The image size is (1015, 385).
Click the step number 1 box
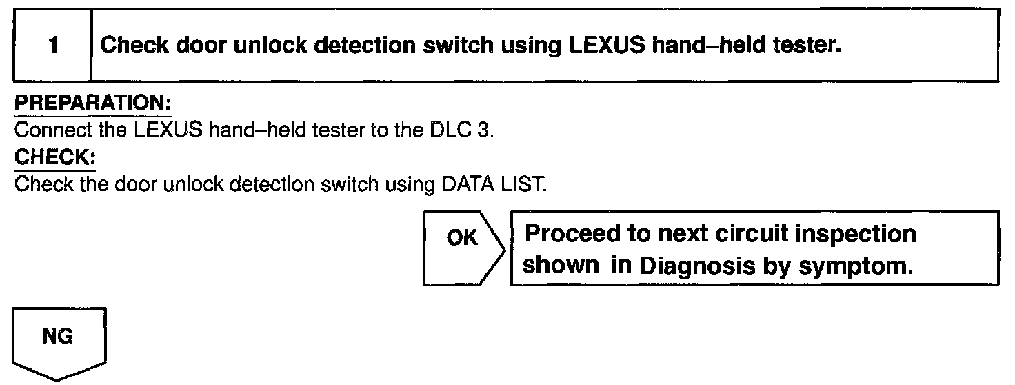(x=53, y=46)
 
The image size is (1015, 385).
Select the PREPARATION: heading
(x=93, y=104)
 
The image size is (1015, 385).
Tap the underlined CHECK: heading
(x=54, y=157)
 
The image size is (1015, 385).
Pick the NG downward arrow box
(x=59, y=342)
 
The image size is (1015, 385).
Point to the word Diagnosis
(x=690, y=266)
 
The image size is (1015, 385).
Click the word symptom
(x=860, y=266)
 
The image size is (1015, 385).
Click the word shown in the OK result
(x=561, y=266)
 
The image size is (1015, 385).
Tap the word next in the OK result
(x=683, y=235)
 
